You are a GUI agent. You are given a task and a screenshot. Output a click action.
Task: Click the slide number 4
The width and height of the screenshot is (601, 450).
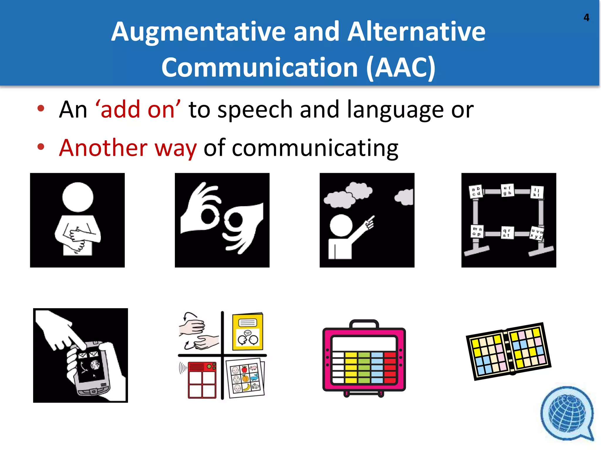pos(586,18)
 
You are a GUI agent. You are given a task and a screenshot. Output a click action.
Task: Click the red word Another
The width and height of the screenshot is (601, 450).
pos(103,148)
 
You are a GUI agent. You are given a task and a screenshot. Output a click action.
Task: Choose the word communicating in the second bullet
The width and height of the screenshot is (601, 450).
pos(315,148)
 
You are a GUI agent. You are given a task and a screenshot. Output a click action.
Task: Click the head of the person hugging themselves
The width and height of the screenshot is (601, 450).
pos(78,197)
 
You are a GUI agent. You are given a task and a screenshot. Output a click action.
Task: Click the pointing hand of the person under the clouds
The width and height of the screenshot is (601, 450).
pos(369,223)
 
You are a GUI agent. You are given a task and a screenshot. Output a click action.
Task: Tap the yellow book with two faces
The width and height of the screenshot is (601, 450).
pos(247,332)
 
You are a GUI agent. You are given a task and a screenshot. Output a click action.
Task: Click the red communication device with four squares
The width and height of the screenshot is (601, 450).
pos(202,380)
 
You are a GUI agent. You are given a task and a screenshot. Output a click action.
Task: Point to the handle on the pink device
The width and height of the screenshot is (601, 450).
pos(364,323)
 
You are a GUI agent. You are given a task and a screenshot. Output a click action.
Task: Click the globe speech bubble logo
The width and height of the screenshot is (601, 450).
pos(567,413)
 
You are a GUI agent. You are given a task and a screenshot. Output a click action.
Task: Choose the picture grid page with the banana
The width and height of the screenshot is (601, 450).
pos(245,378)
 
